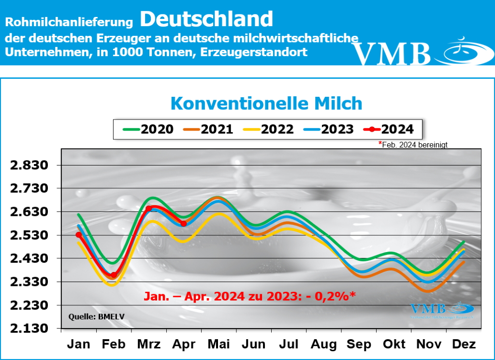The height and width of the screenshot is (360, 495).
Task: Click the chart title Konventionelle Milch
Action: coord(266,104)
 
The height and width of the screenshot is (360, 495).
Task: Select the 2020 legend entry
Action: coord(148,129)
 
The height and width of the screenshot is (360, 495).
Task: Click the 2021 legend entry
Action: coord(208,129)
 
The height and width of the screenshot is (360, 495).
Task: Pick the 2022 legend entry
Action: coord(269,129)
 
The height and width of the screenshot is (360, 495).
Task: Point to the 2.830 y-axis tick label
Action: coord(30,165)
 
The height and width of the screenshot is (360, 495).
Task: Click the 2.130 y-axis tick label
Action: coord(30,329)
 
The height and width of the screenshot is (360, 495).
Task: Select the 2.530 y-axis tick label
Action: coord(30,236)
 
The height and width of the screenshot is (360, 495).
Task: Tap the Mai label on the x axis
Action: coord(219,345)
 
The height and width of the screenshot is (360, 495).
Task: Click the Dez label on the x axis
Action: coord(463,345)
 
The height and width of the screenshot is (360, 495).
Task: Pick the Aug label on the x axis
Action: coord(323,345)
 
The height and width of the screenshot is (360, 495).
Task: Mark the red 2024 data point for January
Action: coord(79,235)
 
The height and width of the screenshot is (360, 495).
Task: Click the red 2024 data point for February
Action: coord(114,275)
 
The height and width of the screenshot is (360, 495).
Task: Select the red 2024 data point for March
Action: coord(149,209)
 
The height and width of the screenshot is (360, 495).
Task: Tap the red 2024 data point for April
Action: coord(184,224)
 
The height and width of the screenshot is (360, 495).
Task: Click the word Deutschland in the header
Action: coord(207,19)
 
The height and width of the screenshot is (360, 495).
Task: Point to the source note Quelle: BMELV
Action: coord(90,318)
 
